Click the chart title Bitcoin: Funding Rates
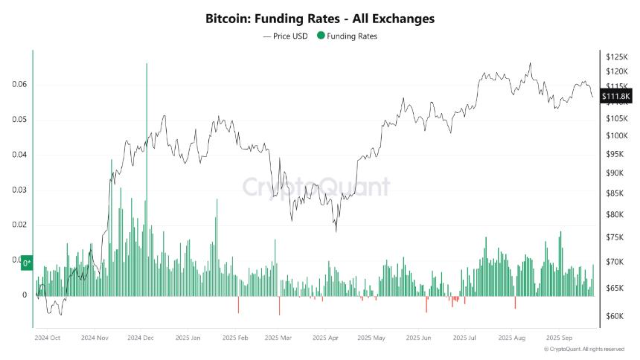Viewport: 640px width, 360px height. click(x=320, y=18)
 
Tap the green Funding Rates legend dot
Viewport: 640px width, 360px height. click(x=321, y=36)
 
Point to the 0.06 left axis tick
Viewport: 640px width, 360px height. click(x=20, y=84)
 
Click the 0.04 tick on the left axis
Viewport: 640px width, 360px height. click(x=20, y=155)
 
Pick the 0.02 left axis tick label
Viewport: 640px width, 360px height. click(x=20, y=225)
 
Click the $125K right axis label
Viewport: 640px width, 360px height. click(x=617, y=57)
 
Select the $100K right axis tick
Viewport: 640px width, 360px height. click(x=617, y=136)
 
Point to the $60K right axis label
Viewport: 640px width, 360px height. click(x=615, y=316)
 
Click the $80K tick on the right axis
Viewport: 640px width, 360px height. click(x=615, y=215)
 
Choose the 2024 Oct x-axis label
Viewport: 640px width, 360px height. click(x=48, y=337)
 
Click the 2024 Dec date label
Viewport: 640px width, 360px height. click(x=140, y=337)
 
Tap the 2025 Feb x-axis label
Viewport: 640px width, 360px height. click(x=234, y=337)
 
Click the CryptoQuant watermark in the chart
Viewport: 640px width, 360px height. click(x=316, y=186)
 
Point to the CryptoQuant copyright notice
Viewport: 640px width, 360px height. click(x=584, y=349)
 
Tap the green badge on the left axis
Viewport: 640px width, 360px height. click(x=27, y=263)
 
